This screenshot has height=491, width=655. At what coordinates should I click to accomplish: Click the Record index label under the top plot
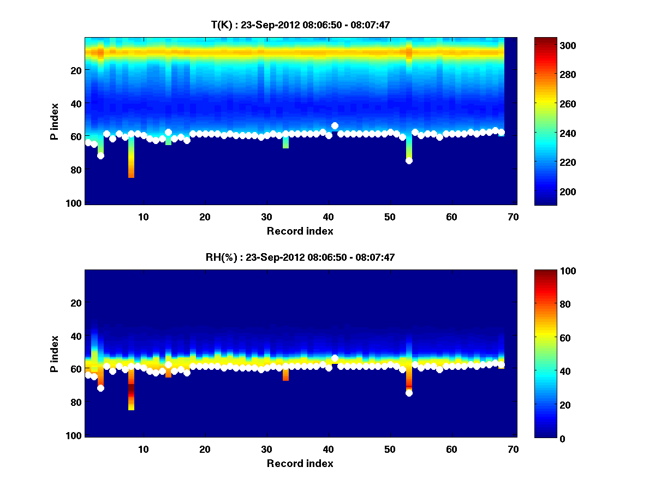point(300,231)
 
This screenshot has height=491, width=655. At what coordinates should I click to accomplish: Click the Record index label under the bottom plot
point(300,464)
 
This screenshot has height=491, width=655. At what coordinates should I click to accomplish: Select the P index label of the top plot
point(55,121)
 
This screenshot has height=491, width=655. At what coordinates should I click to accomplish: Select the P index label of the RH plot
point(55,353)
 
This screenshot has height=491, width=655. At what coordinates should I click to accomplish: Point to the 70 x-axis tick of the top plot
point(513,217)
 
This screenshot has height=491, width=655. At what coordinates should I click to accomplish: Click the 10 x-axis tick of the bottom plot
point(143,449)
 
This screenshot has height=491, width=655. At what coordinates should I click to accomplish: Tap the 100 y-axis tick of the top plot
point(75,203)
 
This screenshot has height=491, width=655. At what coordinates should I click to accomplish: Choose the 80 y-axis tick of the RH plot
point(77,402)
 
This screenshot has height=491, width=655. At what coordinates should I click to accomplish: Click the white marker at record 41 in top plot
point(335,126)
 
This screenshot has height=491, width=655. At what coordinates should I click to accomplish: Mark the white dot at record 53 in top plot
point(409,160)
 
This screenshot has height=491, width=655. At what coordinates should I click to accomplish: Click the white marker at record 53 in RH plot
point(409,393)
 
